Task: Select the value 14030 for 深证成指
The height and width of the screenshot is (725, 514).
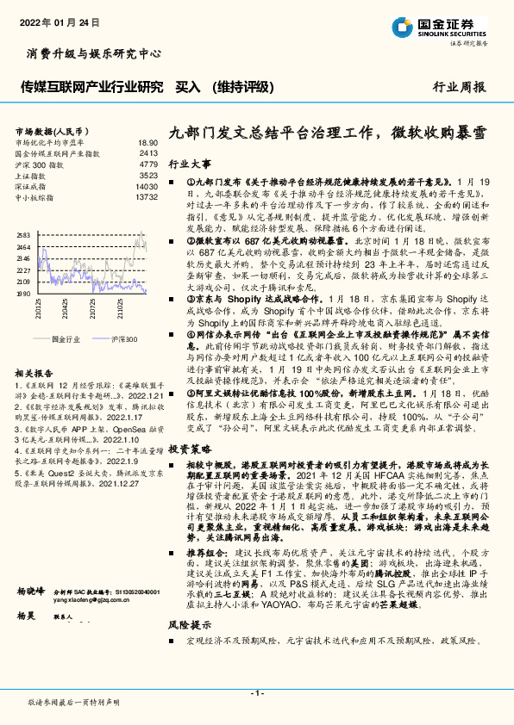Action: point(147,186)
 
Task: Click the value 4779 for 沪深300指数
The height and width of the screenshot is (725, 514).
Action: point(148,164)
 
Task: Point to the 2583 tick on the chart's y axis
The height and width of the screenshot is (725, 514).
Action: point(23,234)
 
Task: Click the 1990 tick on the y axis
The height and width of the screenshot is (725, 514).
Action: point(23,293)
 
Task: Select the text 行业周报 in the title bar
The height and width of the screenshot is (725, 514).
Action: point(459,87)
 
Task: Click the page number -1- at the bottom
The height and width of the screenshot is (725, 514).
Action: point(256,693)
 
